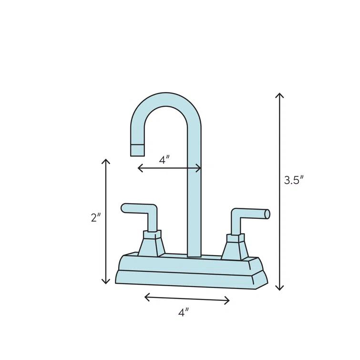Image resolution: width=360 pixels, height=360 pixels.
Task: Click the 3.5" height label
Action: (x=294, y=180)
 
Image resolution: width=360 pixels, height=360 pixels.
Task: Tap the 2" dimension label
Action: (x=96, y=218)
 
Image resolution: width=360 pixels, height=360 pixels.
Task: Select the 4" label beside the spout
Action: (x=165, y=160)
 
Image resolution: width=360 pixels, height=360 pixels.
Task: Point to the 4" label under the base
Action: (x=184, y=312)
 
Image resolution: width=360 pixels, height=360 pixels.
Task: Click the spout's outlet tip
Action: (x=137, y=150)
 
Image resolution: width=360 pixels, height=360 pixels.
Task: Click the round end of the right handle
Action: (x=267, y=214)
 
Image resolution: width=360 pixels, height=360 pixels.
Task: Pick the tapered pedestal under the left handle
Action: (x=152, y=244)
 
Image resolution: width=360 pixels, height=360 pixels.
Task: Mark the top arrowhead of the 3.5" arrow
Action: (x=279, y=94)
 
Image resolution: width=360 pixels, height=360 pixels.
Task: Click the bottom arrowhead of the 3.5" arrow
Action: (x=279, y=288)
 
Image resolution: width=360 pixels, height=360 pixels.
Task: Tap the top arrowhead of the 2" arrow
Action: (x=106, y=160)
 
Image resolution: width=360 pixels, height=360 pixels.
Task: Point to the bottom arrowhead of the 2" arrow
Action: (x=106, y=282)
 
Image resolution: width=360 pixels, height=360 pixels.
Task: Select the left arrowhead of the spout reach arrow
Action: (x=139, y=168)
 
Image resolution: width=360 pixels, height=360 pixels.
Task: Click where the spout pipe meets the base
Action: (x=194, y=256)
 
